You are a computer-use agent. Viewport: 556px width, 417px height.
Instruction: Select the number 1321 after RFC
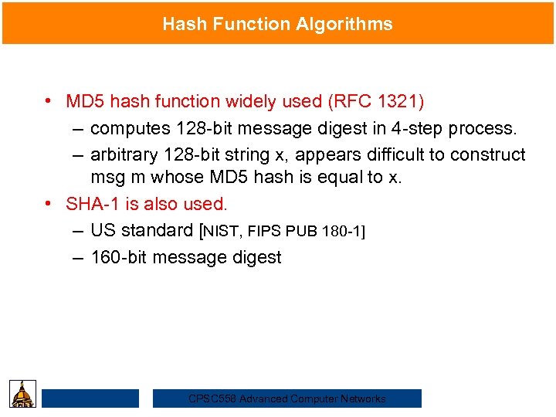398,101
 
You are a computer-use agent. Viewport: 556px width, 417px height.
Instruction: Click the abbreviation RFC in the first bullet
348,101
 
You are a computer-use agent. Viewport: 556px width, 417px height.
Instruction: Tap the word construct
488,154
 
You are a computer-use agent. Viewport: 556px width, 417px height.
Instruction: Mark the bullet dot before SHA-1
48,204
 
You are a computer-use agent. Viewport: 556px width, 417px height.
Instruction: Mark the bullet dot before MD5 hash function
48,101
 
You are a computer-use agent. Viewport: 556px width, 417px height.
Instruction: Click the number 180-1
338,231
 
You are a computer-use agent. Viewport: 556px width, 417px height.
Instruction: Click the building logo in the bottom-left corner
24,394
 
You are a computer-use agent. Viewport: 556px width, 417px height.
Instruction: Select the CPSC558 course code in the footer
212,398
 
